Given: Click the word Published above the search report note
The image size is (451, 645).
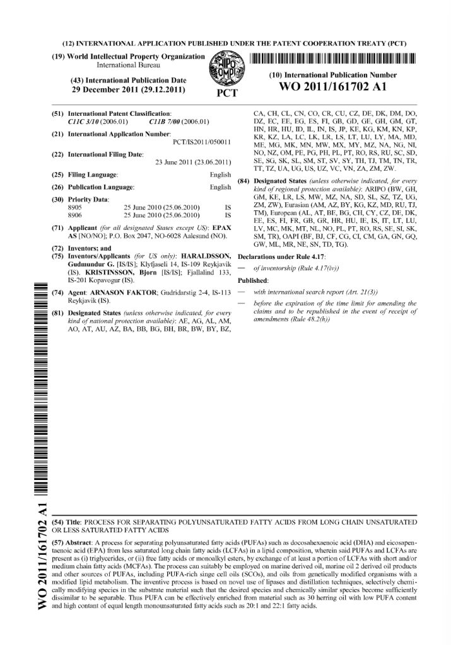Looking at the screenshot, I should pyautogui.click(x=252, y=280).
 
